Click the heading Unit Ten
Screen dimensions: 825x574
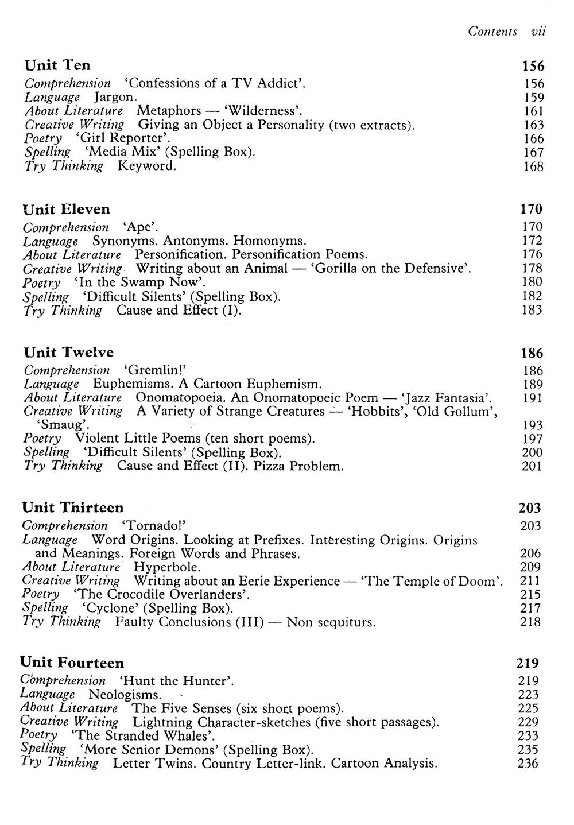click(x=57, y=65)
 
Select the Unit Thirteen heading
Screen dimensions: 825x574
click(x=73, y=508)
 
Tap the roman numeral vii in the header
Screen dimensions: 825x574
click(x=538, y=32)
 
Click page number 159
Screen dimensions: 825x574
click(x=534, y=98)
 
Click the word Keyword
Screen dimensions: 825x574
click(x=147, y=166)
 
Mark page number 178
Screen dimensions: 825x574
click(x=532, y=268)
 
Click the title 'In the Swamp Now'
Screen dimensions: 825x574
click(x=139, y=282)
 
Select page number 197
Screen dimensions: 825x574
click(x=532, y=439)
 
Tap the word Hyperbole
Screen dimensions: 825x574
click(x=167, y=567)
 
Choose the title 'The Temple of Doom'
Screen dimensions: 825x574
click(x=431, y=581)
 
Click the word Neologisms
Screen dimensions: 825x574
click(x=125, y=695)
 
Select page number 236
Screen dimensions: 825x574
click(x=528, y=764)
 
